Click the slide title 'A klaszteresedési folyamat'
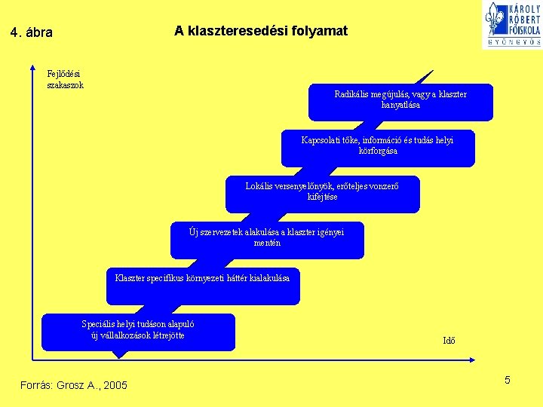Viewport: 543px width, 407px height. click(x=261, y=31)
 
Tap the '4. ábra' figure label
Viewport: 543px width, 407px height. click(x=32, y=33)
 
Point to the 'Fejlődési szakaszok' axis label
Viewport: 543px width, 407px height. click(x=65, y=79)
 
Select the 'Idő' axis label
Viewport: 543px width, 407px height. click(x=449, y=340)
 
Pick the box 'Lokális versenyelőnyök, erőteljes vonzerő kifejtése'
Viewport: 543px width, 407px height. click(x=322, y=194)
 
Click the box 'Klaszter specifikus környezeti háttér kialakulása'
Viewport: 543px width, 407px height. click(x=202, y=286)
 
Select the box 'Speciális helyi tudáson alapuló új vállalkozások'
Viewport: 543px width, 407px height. click(x=138, y=332)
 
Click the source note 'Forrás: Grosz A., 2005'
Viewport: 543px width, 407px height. click(x=74, y=386)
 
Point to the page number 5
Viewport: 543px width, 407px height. click(x=508, y=380)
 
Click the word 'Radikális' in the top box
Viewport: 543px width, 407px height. click(x=353, y=94)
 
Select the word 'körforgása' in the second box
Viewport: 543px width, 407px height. click(x=378, y=151)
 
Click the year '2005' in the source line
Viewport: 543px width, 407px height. click(x=115, y=386)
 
